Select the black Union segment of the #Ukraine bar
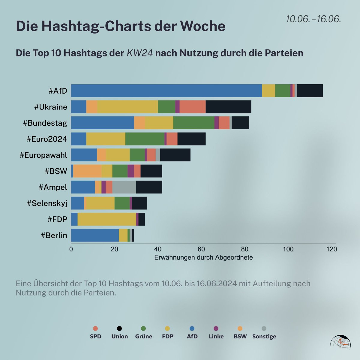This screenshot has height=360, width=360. coord(228,107)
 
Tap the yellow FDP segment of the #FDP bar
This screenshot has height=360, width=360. coord(107,219)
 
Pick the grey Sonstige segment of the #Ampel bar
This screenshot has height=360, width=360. coord(124,187)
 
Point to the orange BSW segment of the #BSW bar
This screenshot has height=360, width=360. coord(87,171)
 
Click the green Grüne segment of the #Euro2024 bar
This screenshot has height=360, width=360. coord(145,139)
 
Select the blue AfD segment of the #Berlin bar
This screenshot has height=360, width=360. coord(95,235)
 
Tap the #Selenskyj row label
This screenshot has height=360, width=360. coord(47,203)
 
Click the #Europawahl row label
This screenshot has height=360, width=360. coord(43,155)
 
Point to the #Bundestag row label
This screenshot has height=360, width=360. coord(45,123)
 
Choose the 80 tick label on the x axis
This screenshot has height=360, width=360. coord(245,249)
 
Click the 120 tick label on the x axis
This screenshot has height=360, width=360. coord(331,249)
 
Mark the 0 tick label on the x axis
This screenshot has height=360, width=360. coord(71,249)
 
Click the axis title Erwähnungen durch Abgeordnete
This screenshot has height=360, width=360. coord(203,257)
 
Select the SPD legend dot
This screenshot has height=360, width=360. coord(96,328)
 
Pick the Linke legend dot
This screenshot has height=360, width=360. coord(216,328)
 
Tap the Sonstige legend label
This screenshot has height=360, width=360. coord(264,336)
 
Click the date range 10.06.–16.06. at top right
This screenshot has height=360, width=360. coord(313,19)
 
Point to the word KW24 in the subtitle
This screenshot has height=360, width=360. coord(140,53)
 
